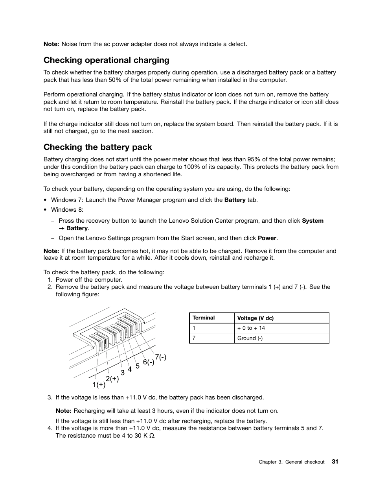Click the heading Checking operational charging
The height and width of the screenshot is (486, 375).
[x=106, y=60]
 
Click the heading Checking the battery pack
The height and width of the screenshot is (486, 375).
[x=97, y=147]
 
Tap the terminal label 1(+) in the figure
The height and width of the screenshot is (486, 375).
[x=99, y=384]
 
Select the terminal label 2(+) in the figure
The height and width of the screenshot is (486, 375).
[x=112, y=379]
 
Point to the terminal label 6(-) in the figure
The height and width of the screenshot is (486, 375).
[x=149, y=362]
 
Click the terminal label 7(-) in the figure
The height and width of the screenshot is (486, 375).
[x=160, y=357]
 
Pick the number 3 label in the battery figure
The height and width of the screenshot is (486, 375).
[x=123, y=372]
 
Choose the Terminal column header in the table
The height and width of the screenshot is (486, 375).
[x=204, y=318]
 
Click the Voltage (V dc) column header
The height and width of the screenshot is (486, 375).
[x=255, y=318]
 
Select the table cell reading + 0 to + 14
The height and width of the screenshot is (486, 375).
[x=251, y=328]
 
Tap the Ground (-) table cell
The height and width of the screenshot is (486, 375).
[x=250, y=338]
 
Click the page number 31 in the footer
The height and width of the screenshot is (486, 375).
[x=335, y=462]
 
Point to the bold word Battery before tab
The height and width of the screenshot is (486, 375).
[x=235, y=200]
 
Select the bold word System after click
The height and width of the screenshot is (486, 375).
[x=312, y=221]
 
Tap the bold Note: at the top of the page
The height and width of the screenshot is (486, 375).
[x=51, y=44]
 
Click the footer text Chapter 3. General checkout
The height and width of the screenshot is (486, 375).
[x=291, y=462]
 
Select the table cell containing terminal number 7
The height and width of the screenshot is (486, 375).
[x=194, y=338]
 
